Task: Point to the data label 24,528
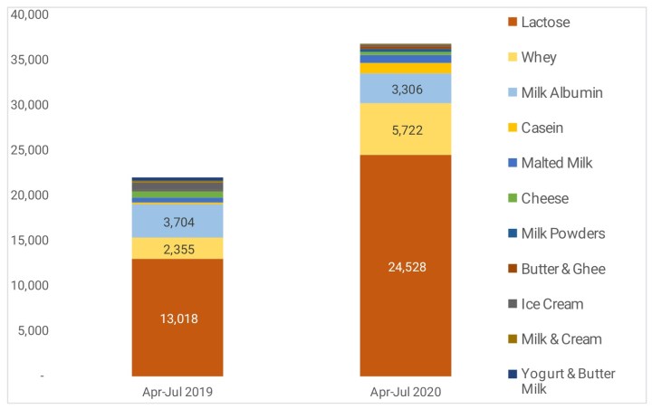406,267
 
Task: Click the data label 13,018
177,318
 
